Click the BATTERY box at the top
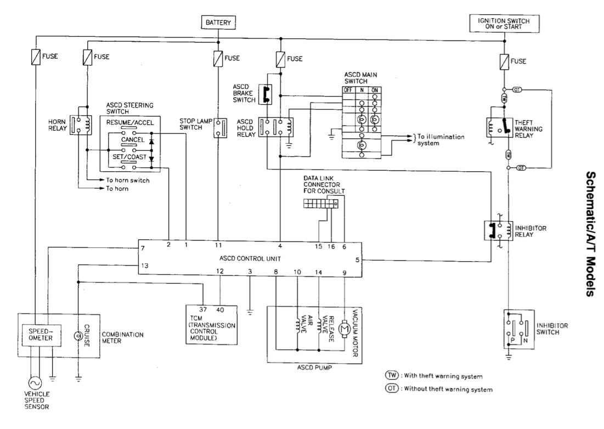point(219,22)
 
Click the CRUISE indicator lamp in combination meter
point(79,335)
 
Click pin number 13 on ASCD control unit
point(144,266)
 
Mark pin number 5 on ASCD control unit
point(357,261)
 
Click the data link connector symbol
point(320,204)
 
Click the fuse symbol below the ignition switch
point(504,62)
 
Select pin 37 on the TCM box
point(203,311)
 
